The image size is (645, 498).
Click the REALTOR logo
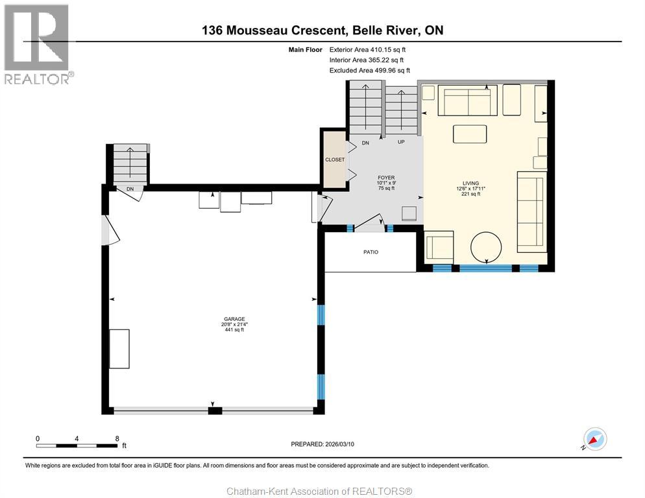click(37, 43)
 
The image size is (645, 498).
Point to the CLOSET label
click(335, 160)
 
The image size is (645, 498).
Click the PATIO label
click(370, 252)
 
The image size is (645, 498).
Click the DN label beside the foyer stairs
click(365, 143)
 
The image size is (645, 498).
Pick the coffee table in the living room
click(470, 134)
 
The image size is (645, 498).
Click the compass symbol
click(594, 439)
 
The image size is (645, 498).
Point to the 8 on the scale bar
click(116, 438)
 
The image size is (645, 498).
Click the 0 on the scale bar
click(38, 438)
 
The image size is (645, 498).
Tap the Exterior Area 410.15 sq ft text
click(368, 49)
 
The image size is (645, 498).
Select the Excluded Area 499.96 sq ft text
click(370, 70)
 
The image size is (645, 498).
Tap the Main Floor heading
click(305, 49)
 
